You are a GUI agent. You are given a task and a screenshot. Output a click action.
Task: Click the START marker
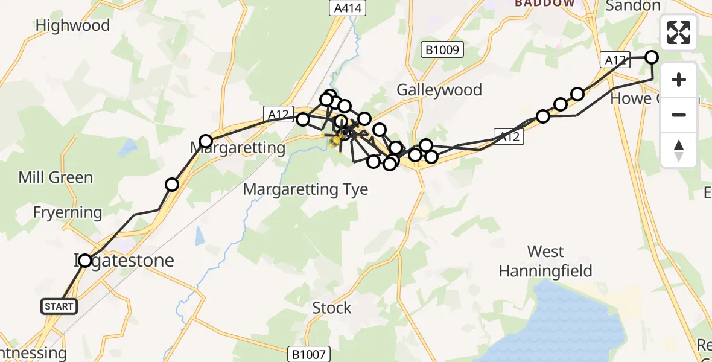pyautogui.click(x=59, y=306)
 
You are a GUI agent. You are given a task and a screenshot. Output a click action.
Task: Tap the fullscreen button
pyautogui.click(x=679, y=33)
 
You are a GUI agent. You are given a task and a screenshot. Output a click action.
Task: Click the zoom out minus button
pyautogui.click(x=679, y=115)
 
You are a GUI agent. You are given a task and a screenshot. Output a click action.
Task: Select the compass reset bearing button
pyautogui.click(x=679, y=150)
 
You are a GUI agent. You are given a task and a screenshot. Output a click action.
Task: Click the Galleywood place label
pyautogui.click(x=439, y=90)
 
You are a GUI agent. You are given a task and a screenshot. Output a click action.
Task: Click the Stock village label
pyautogui.click(x=332, y=308)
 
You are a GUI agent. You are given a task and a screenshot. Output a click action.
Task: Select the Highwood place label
pyautogui.click(x=73, y=25)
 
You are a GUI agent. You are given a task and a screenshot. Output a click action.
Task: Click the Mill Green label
pyautogui.click(x=56, y=177)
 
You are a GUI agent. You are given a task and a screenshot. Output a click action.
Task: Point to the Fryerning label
pyautogui.click(x=68, y=212)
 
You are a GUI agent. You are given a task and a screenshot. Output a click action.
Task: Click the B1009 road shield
pyautogui.click(x=442, y=49)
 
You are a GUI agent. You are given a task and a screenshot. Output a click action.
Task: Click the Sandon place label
pyautogui.click(x=633, y=6)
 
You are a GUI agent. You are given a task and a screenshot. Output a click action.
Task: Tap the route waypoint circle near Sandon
pyautogui.click(x=652, y=57)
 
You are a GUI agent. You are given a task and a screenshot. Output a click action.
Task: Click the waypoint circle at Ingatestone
pyautogui.click(x=85, y=261)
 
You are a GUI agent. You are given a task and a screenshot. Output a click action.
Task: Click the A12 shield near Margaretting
pyautogui.click(x=279, y=113)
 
